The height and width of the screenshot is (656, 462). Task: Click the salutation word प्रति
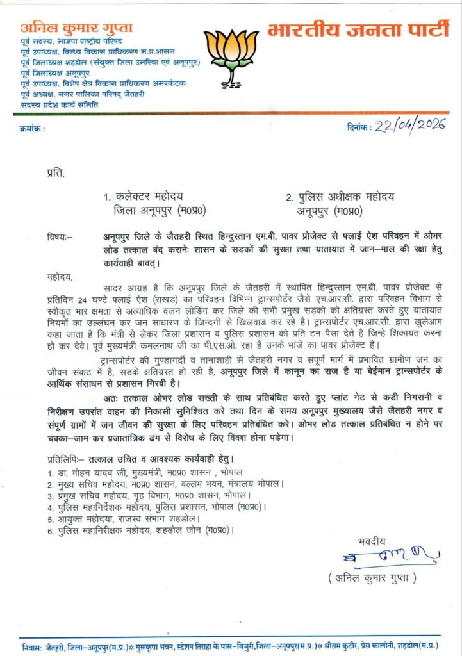coord(55,171)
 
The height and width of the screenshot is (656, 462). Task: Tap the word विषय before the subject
coord(59,236)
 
